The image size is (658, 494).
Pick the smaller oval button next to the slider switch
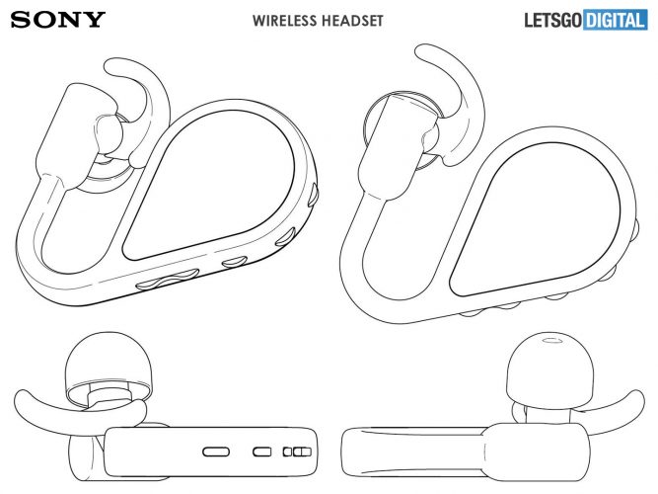click(261, 451)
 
